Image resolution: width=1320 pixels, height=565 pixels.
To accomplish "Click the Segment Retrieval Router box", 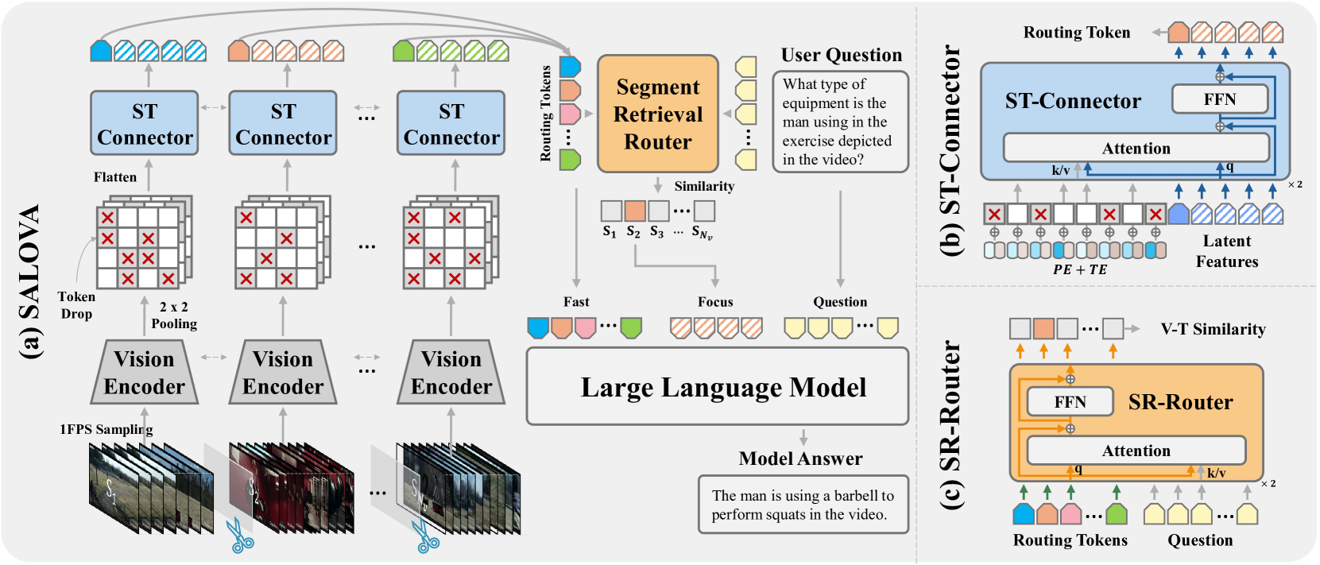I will [657, 114].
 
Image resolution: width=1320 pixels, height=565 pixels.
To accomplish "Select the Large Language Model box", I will [717, 387].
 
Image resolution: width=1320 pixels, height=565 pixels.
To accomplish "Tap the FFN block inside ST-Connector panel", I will [1219, 99].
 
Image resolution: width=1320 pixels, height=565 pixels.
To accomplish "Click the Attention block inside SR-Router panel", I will [1136, 451].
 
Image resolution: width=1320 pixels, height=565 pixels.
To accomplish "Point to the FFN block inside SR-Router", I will [1070, 402].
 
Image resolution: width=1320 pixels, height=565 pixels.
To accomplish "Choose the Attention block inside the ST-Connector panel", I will [1136, 148].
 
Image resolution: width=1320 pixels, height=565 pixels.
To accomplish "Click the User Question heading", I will [841, 55].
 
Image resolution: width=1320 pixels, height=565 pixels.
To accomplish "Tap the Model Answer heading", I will [800, 459].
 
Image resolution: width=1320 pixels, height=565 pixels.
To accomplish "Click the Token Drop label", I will [76, 305].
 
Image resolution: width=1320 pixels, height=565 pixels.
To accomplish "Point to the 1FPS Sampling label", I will [106, 429].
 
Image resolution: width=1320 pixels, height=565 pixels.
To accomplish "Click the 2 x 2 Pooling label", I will [174, 315].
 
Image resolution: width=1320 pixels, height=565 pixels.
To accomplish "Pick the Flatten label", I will [115, 177].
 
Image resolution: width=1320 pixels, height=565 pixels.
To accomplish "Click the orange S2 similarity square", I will [634, 211].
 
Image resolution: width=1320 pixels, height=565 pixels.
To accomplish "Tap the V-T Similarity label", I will [1213, 329].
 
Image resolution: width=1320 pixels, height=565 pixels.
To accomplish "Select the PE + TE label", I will [1080, 269].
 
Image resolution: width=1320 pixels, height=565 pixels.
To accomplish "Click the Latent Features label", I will [1227, 251].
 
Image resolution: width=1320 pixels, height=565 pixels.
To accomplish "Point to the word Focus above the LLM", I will [715, 302].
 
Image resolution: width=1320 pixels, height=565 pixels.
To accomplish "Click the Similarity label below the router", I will [704, 186].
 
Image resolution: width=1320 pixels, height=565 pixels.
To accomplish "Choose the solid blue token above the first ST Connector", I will [102, 52].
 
